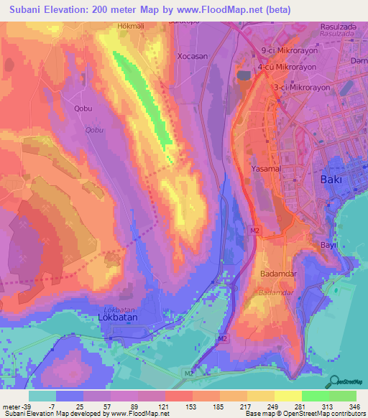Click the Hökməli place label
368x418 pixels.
pyautogui.click(x=131, y=26)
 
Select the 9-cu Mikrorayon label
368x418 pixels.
pyautogui.click(x=289, y=50)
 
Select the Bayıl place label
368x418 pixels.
pyautogui.click(x=328, y=245)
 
